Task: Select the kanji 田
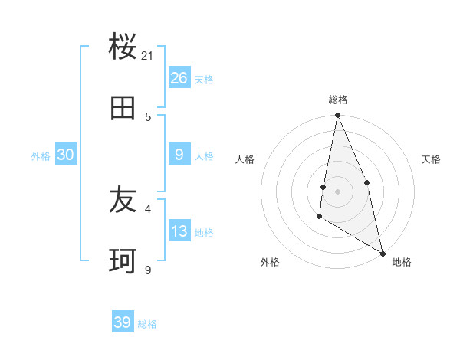point(123,109)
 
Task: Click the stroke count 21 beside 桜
point(148,56)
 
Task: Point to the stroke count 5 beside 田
point(148,116)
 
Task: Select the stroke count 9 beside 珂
point(148,270)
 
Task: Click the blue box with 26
point(179,77)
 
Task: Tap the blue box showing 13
point(179,231)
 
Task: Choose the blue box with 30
point(65,154)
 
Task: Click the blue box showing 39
point(123,322)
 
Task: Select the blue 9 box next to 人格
point(179,154)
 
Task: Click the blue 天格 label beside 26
point(204,79)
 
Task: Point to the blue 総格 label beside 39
point(147,324)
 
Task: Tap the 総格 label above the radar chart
point(338,100)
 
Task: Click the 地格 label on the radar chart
point(402,262)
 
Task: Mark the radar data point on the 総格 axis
point(337,116)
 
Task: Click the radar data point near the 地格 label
point(383,253)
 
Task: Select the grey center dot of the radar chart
point(337,191)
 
